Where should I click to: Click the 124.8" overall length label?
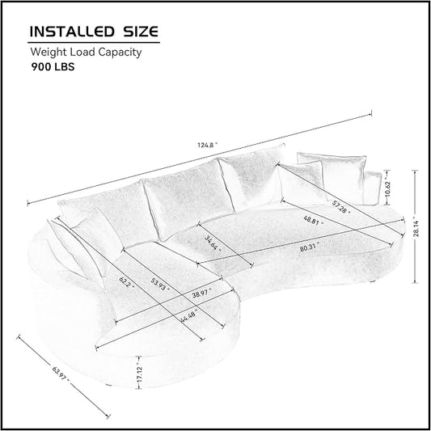(x=208, y=145)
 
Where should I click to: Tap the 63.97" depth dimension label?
(x=61, y=374)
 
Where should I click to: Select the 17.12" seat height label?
(x=140, y=374)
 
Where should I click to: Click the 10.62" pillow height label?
(x=387, y=188)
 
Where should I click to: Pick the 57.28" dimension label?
(x=341, y=207)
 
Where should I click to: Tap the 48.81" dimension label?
(x=314, y=221)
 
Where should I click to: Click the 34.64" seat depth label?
(x=213, y=243)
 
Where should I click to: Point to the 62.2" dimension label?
(x=127, y=282)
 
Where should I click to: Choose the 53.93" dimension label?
(x=160, y=285)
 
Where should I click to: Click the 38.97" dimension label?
(x=202, y=293)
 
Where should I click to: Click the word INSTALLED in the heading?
(x=72, y=32)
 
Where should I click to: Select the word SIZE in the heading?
(x=141, y=32)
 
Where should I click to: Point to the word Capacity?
(x=120, y=53)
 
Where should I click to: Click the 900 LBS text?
(x=53, y=67)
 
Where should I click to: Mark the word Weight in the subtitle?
(x=49, y=53)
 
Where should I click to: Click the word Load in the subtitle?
(x=82, y=52)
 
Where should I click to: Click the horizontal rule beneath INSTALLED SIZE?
(x=94, y=42)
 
